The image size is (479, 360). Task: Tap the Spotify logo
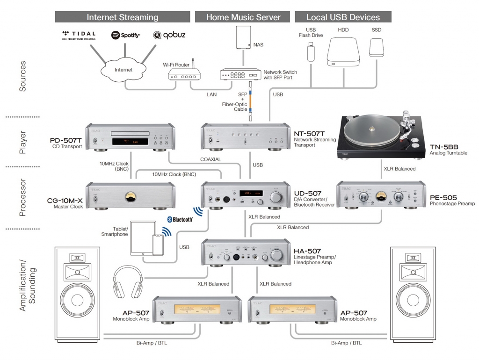tap(125, 35)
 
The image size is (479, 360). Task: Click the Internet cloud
tap(123, 70)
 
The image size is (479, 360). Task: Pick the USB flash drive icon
tap(310, 51)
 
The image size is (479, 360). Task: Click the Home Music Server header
tap(243, 17)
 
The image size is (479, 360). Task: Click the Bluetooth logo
tap(180, 219)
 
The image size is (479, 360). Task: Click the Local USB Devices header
tap(343, 17)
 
